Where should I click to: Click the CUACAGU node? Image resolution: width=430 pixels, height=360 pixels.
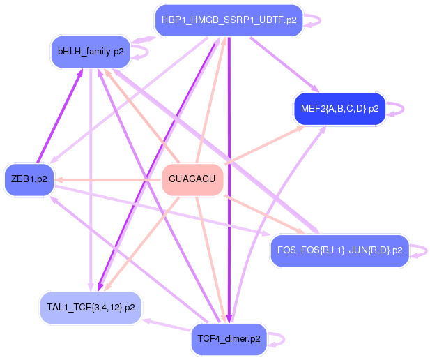click(x=192, y=180)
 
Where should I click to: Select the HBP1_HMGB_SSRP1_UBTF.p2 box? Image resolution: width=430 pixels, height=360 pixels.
click(x=229, y=20)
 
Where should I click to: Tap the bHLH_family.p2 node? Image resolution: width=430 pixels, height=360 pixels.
click(x=91, y=52)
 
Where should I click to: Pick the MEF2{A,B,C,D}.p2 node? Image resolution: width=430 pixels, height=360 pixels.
click(x=339, y=108)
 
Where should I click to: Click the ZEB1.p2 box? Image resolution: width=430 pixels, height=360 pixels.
click(x=29, y=179)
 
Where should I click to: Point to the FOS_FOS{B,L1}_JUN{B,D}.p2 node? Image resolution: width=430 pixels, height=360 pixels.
click(x=339, y=250)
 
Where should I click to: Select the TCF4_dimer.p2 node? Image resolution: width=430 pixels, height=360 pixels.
click(x=229, y=339)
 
